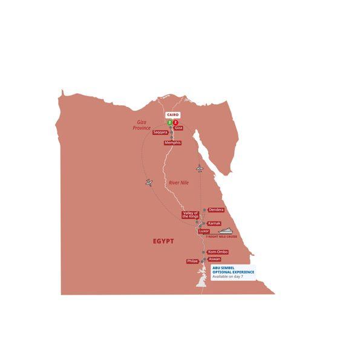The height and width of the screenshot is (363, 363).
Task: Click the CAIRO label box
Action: click(x=173, y=114)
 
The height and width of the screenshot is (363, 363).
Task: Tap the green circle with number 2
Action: click(x=169, y=122)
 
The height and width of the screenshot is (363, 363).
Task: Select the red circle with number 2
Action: click(x=176, y=122)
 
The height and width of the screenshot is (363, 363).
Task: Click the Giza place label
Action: click(x=178, y=128)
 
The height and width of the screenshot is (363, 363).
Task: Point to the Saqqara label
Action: click(x=160, y=131)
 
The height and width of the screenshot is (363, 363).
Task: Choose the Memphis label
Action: click(x=173, y=143)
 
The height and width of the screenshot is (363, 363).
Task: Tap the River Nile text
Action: click(x=180, y=181)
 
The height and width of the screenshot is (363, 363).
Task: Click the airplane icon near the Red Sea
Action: click(x=200, y=168)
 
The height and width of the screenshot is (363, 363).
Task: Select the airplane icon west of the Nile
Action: click(x=149, y=182)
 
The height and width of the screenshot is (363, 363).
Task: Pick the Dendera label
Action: click(x=216, y=210)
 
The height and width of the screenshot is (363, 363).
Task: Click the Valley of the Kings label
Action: click(x=191, y=215)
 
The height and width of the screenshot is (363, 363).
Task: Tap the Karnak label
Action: click(x=214, y=223)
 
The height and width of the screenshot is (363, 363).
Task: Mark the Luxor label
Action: click(x=203, y=231)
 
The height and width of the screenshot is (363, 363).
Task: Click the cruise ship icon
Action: click(x=225, y=231)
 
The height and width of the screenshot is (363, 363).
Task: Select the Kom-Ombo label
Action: click(x=217, y=252)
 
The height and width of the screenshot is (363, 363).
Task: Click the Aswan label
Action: click(x=214, y=259)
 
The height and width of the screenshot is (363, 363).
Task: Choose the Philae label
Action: click(x=193, y=261)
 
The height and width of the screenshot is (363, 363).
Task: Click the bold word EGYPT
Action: click(x=162, y=241)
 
